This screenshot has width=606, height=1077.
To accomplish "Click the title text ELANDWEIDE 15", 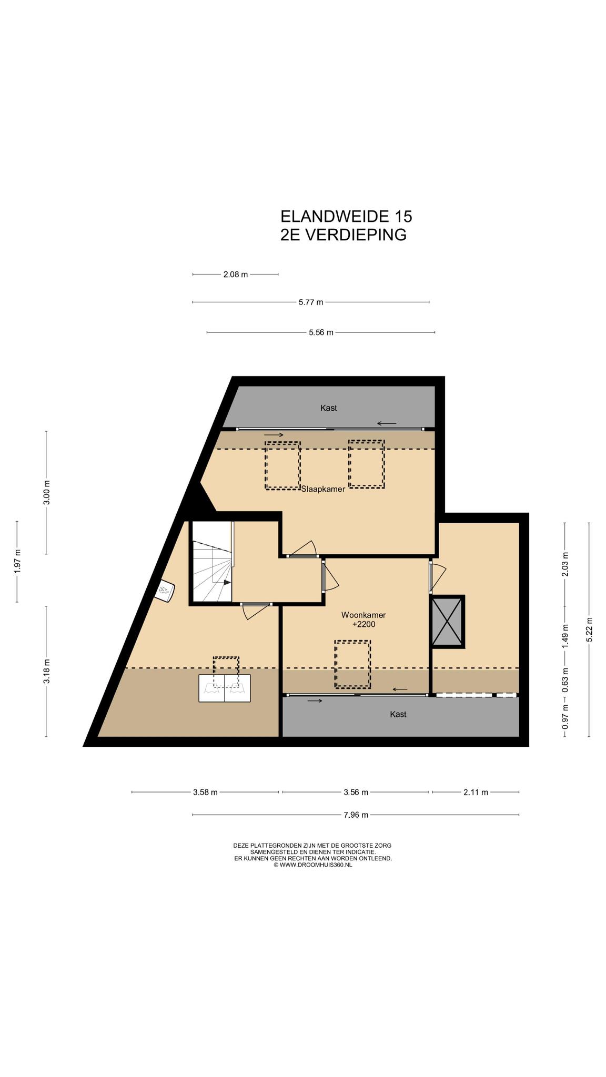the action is point(346,216).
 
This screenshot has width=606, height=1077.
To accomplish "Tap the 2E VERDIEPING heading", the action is point(344,235).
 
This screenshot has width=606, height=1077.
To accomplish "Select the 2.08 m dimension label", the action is point(236,275).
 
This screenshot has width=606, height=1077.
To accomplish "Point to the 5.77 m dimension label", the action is point(311,302).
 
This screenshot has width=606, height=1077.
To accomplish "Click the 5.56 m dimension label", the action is point(321,332).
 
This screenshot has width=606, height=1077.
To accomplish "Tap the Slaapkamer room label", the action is point(323,489).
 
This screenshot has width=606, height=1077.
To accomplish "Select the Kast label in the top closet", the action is point(329,408).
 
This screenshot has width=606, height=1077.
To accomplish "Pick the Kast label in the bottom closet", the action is point(398,714).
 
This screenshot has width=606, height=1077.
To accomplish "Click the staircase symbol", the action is point(211,562).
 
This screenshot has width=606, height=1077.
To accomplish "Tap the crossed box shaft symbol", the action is point(448,622).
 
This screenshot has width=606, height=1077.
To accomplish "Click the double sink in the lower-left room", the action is point(225,688).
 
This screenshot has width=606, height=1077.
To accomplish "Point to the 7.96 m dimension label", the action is point(356,815).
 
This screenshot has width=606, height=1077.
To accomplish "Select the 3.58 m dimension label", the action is point(205,792).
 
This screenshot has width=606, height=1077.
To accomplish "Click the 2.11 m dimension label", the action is point(476,792).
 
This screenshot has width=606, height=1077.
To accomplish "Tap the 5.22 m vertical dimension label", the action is point(589,629).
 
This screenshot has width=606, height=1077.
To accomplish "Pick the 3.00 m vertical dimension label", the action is point(46,493).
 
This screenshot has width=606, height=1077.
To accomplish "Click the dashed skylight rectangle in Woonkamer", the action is point(352,664).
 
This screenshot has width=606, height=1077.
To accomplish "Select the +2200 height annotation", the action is point(363,625).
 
